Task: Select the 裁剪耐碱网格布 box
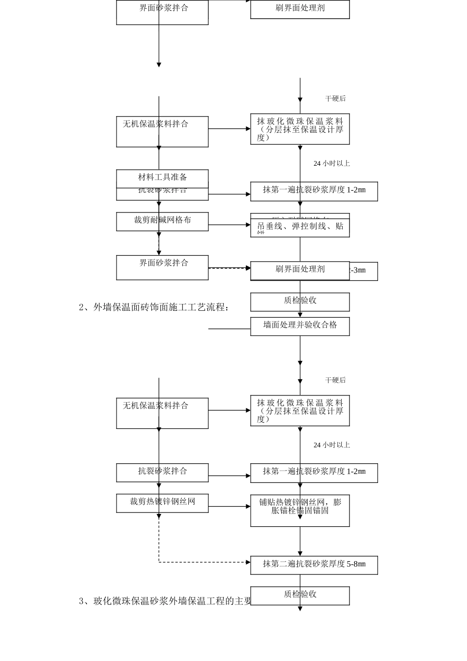[x=162, y=221]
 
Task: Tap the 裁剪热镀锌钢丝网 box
[x=162, y=502]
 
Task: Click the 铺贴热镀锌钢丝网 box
[x=300, y=510]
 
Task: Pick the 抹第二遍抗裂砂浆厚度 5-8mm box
[x=314, y=565]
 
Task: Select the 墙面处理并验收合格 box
[x=300, y=326]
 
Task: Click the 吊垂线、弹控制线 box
[x=300, y=228]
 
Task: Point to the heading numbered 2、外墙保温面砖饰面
[x=154, y=307]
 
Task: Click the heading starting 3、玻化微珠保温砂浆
[x=165, y=601]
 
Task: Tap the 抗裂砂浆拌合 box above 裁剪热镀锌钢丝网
[x=162, y=472]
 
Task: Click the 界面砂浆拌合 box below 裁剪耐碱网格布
[x=162, y=267]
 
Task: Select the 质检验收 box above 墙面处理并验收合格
[x=300, y=301]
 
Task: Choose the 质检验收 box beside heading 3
[x=300, y=595]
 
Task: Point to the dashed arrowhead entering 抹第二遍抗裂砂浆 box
[x=248, y=562]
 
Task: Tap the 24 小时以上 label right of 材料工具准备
[x=332, y=163]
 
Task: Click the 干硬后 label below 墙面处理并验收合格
[x=335, y=380]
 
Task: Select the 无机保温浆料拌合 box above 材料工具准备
[x=162, y=131]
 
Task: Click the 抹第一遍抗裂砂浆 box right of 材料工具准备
[x=314, y=191]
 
